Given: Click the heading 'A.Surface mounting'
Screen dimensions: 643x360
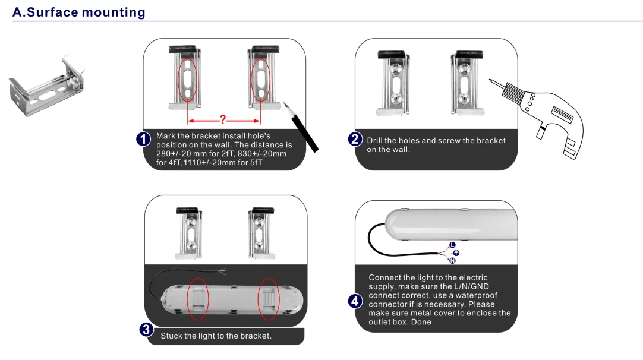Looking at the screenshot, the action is point(78,12).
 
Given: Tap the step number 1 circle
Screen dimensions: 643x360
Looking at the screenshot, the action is point(144,140).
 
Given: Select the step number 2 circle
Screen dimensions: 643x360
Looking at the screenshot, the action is point(355,140).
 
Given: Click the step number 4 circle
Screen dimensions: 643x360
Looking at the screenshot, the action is point(355,301).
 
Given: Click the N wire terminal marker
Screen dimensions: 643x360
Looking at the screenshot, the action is point(453,261).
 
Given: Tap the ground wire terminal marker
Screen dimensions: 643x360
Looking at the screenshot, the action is point(456,253).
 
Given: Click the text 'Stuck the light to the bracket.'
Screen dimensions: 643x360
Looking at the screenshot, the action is point(216,336).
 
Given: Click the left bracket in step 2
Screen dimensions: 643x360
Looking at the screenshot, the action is point(392,82).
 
